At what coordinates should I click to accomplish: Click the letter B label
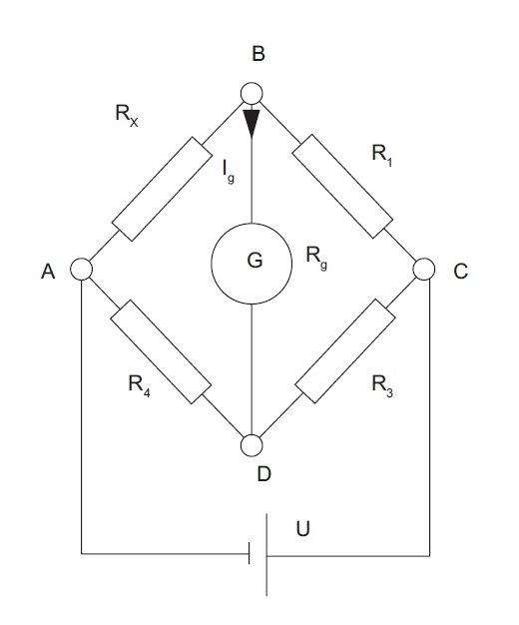point(259,54)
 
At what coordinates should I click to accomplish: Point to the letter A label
point(48,272)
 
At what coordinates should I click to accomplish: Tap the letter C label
point(460,272)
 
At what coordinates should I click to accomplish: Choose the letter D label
point(264,474)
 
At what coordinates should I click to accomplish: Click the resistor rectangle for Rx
point(162,189)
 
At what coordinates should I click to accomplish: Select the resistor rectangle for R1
point(342,186)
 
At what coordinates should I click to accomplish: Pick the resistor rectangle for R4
point(161,352)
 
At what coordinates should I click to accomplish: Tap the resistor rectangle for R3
point(345,351)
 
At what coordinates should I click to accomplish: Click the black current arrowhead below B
point(252,123)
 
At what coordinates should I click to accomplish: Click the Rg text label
point(316,257)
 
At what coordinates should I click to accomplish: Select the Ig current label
point(229,172)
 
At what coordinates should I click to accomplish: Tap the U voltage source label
point(303,529)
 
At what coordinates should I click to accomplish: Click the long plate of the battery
point(266,554)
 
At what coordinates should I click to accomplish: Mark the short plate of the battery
point(250,553)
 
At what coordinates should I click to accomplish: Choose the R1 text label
point(382,155)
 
